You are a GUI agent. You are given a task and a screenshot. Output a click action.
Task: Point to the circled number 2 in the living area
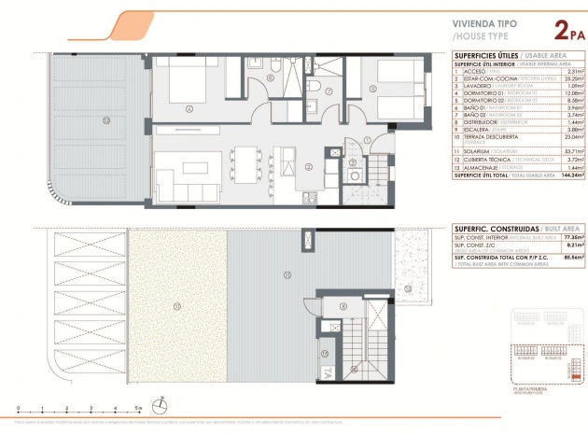(307, 168)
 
